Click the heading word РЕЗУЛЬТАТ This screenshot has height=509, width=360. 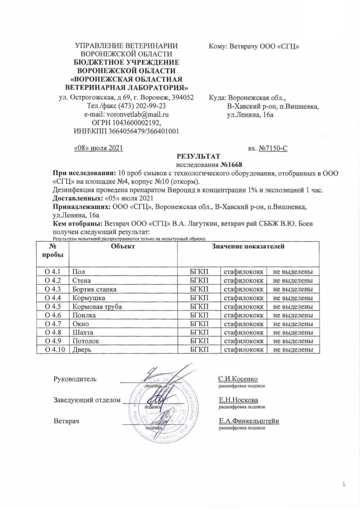click(x=198, y=156)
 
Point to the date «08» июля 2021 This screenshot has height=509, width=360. click(x=98, y=148)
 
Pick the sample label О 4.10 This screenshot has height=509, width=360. click(x=53, y=350)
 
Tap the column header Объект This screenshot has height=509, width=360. click(x=123, y=246)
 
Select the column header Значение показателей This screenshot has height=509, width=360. click(x=248, y=246)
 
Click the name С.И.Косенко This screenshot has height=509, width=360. click(x=238, y=379)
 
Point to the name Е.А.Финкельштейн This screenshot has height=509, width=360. click(x=249, y=421)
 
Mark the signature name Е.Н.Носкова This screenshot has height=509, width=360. click(x=239, y=400)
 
